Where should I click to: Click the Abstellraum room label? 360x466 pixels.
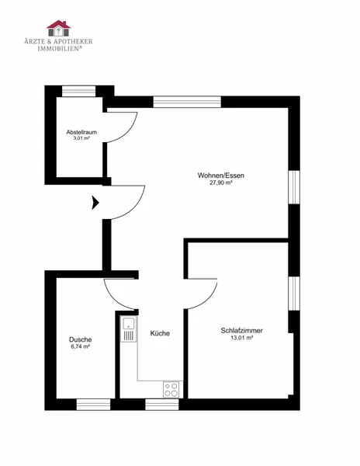81,132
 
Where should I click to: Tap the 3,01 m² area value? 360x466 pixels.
81,138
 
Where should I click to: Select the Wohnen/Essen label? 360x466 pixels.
221,176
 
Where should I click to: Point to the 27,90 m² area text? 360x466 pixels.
221,183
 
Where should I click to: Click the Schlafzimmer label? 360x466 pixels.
241,331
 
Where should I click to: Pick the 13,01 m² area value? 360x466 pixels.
241,338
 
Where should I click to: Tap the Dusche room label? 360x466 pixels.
81,339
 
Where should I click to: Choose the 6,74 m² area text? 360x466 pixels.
81,346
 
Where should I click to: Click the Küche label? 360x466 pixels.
160,333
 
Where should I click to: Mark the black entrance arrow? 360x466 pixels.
95,203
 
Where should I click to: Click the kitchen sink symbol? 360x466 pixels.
129,329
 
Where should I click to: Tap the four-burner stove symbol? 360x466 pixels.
171,389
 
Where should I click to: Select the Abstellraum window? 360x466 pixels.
78,91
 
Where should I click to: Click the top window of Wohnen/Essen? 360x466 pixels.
187,102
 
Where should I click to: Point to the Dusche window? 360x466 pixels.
93,405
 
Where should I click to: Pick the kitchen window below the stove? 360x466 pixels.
162,405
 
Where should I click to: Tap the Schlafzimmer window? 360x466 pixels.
294,294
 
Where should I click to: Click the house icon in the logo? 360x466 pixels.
58,28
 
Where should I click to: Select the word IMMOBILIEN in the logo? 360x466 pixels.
58,48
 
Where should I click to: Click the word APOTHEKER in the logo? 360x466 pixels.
73,41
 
